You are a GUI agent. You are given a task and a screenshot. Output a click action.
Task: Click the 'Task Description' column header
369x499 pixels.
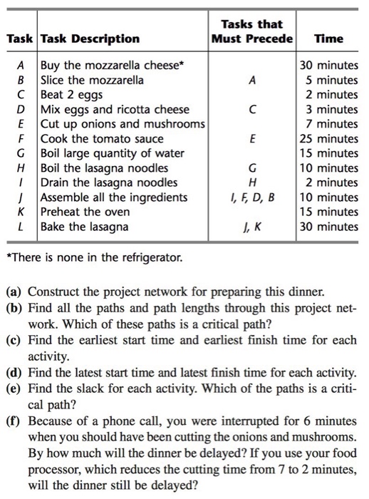90,38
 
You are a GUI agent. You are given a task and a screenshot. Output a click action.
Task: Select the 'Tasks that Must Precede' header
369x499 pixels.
252,31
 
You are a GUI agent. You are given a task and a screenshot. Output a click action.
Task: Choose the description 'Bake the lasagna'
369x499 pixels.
85,227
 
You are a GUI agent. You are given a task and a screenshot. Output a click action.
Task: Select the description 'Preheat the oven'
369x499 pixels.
85,212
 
